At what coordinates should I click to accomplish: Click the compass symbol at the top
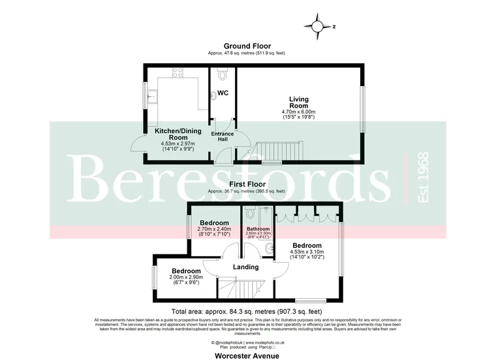318,27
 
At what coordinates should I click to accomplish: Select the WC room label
222,93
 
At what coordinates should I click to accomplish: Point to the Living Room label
298,102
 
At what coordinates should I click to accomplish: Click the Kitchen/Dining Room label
173,134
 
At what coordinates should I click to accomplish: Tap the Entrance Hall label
222,136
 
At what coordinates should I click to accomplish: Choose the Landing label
245,267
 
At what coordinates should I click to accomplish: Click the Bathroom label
258,229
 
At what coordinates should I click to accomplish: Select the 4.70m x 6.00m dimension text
298,112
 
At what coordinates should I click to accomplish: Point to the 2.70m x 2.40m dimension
214,229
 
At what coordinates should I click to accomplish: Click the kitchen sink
152,98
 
